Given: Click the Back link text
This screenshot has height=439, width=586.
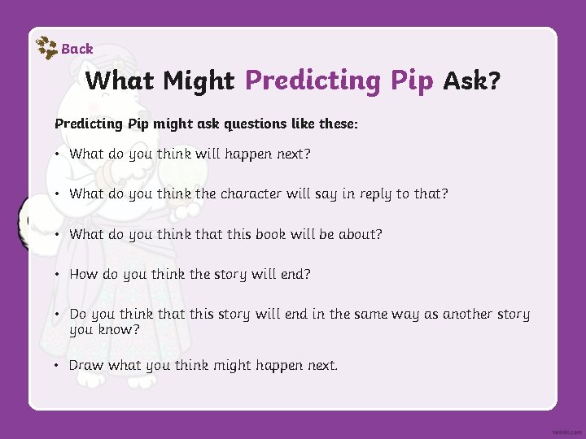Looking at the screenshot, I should click(x=77, y=49).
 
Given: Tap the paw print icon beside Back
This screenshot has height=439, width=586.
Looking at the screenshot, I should click(x=47, y=48).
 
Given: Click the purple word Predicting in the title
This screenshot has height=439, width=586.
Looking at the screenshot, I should click(x=313, y=80).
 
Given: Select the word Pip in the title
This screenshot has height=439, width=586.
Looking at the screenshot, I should click(x=411, y=80).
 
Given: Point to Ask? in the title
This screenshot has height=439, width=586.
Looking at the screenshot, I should click(x=472, y=80).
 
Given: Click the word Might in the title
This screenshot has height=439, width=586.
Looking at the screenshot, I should click(x=199, y=80).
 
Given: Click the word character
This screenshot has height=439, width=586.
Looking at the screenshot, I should click(x=255, y=193).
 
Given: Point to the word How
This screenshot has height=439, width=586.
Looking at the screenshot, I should click(x=83, y=274).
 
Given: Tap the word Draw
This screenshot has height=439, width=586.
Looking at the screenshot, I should click(x=86, y=365).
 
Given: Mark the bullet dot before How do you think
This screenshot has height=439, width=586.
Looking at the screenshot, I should click(x=58, y=275).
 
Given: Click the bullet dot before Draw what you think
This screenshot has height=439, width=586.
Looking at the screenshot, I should click(x=58, y=366).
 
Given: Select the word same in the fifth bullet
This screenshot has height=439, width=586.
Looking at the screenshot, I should click(x=374, y=314).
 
